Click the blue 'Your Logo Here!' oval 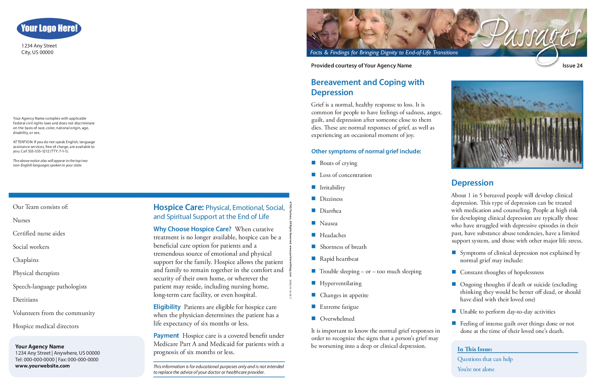[49, 28]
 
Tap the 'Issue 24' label [572, 66]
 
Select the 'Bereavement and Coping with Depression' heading [367, 87]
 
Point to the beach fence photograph [517, 124]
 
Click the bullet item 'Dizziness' [331, 199]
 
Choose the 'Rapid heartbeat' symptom [339, 259]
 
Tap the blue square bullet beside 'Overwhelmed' [313, 318]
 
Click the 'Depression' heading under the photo [472, 183]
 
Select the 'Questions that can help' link [485, 359]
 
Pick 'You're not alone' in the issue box [476, 369]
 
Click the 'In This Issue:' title [475, 349]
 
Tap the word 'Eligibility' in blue [167, 307]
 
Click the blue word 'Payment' [166, 336]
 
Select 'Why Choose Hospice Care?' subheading [192, 229]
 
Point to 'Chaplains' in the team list [26, 260]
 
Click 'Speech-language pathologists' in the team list [50, 287]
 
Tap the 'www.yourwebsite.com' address [42, 366]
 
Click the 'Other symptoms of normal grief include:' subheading [366, 152]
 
